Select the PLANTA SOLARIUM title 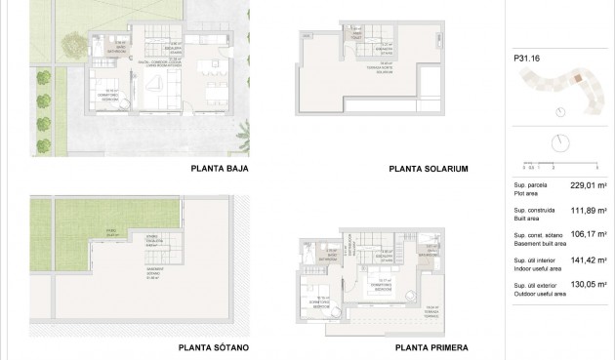[x=429, y=169]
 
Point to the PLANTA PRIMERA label [x=431, y=347]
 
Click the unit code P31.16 [x=527, y=58]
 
